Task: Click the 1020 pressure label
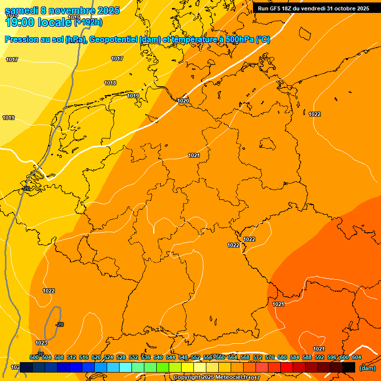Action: (x=184, y=101)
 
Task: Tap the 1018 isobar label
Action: (x=110, y=83)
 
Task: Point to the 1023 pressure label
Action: (x=41, y=343)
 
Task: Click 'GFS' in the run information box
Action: (x=277, y=8)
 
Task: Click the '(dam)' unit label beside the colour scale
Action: (x=367, y=368)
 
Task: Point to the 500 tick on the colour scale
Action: (x=34, y=357)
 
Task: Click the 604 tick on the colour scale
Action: (x=357, y=357)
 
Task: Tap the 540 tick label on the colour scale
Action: (x=158, y=357)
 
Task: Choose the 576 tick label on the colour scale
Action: (x=270, y=357)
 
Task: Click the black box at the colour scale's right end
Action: (x=349, y=367)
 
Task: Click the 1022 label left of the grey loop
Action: (x=49, y=291)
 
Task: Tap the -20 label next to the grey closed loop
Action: (x=60, y=324)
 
